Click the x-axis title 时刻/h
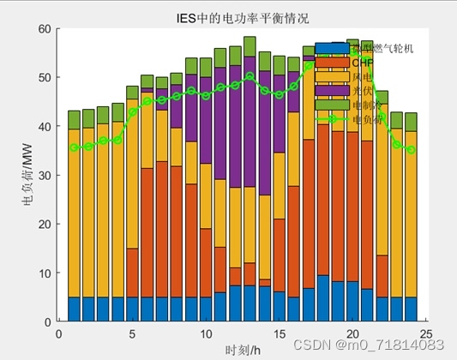point(243,349)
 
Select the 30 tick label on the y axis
point(47,175)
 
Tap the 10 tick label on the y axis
point(47,273)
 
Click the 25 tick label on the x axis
point(425,333)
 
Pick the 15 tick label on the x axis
point(279,333)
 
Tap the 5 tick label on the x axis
point(132,333)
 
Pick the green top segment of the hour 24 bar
point(411,122)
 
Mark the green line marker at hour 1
point(75,147)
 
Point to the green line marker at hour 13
point(250,75)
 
